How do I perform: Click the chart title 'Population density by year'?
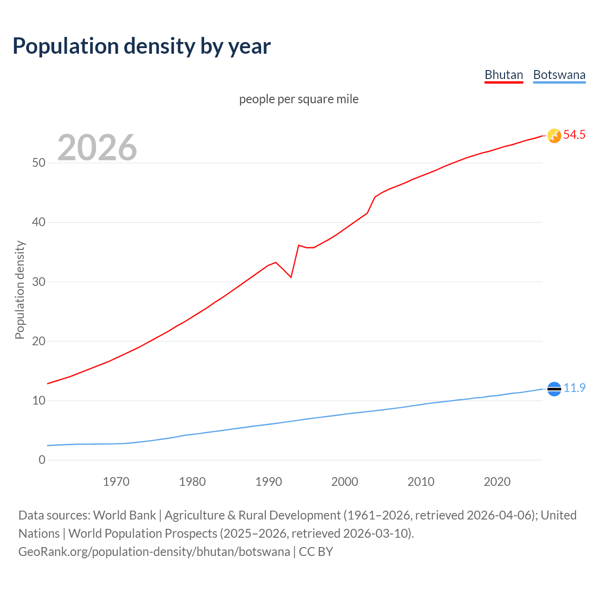click(142, 46)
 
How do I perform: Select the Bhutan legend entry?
click(504, 75)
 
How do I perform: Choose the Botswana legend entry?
click(559, 75)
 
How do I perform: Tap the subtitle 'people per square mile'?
click(299, 99)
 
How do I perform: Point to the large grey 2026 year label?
click(97, 148)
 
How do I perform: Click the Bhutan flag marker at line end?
click(554, 135)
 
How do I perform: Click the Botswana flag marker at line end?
click(554, 388)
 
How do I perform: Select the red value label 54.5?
click(574, 135)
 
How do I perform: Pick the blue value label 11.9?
click(574, 388)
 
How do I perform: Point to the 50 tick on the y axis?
click(39, 163)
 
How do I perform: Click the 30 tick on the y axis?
click(39, 282)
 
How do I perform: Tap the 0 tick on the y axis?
click(42, 460)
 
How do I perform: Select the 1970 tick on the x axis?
click(116, 482)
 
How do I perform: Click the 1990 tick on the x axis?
click(269, 482)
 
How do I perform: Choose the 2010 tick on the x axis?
click(421, 482)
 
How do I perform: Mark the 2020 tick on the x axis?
click(497, 482)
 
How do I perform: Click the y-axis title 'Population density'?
click(20, 290)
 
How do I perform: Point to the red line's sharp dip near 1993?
click(291, 277)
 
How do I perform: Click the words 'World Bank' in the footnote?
click(124, 515)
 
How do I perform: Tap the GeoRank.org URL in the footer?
click(154, 552)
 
